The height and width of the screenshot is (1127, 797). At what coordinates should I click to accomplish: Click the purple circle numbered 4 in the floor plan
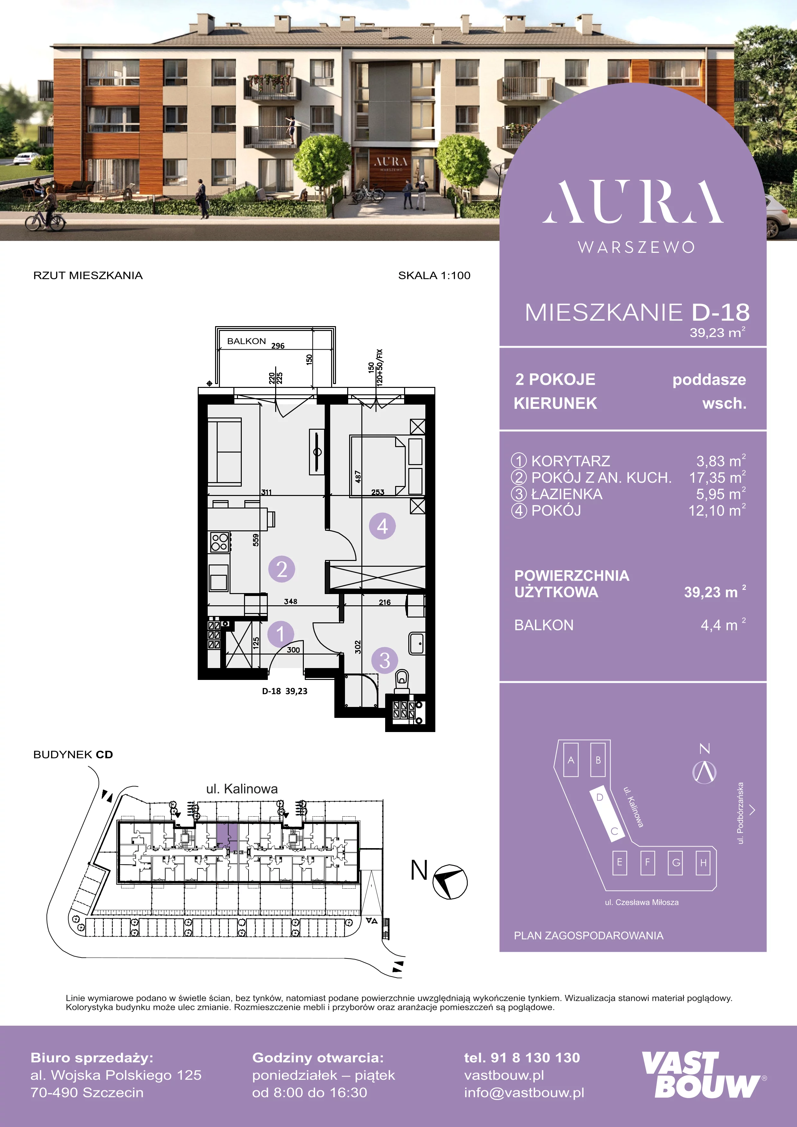(x=382, y=526)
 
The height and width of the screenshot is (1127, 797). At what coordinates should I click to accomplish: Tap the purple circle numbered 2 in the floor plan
(x=282, y=569)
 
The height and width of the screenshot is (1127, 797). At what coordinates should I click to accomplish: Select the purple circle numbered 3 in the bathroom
(x=385, y=660)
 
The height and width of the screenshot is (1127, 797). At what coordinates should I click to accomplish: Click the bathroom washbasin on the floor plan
(x=417, y=643)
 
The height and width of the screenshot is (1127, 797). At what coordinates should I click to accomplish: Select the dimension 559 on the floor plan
(x=256, y=540)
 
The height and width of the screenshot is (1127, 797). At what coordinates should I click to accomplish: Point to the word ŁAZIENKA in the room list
(x=567, y=494)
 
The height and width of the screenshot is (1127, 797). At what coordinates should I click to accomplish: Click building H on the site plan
(x=703, y=862)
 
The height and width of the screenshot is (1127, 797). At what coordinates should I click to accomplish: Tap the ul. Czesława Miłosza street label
(x=641, y=902)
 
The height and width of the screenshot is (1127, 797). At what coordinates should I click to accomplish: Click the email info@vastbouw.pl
(x=524, y=1092)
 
